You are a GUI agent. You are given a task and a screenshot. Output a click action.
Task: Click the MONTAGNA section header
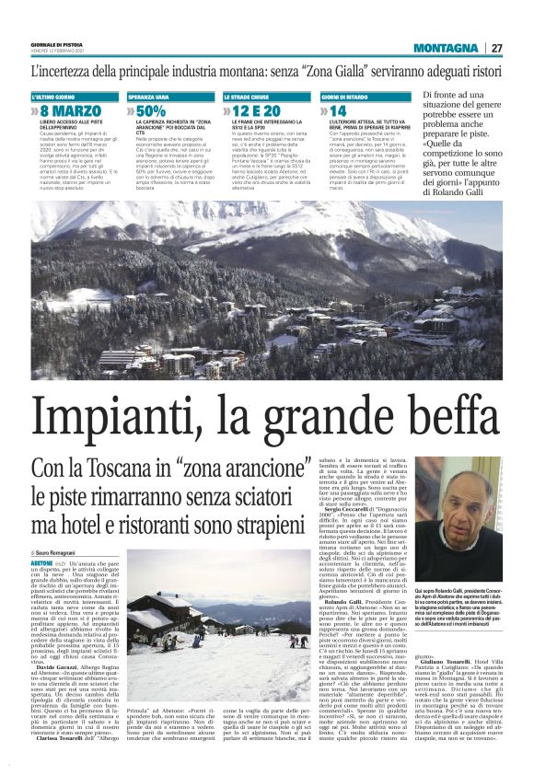tap(446, 48)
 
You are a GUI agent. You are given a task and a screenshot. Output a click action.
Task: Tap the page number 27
tap(495, 48)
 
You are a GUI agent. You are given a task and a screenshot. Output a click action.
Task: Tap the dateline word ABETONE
tap(41, 561)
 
